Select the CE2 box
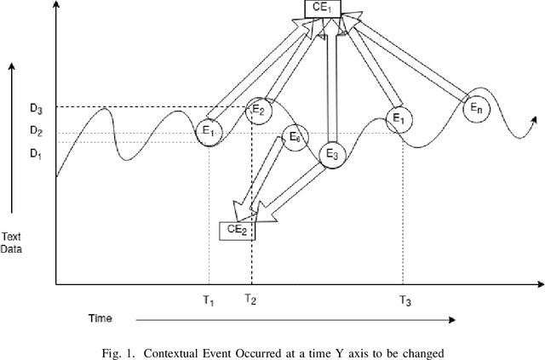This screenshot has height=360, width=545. coord(237,229)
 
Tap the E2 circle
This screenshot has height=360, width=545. coord(261,111)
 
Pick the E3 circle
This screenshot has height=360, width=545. coord(332,155)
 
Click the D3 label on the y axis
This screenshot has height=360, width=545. coord(35,108)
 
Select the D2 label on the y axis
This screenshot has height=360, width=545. coord(35,131)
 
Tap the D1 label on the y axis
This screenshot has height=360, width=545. coord(35,153)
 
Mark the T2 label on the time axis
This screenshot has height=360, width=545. coord(250,299)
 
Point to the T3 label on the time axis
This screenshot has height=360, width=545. coord(405,300)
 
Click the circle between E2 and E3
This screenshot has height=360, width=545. coord(295,137)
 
